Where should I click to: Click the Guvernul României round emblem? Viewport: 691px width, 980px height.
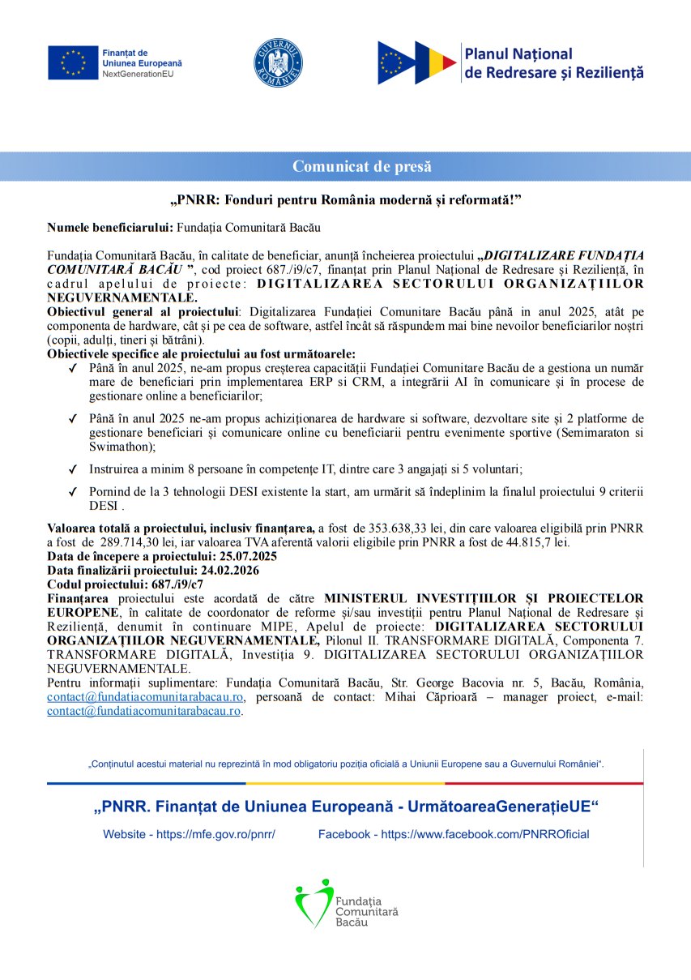pos(278,62)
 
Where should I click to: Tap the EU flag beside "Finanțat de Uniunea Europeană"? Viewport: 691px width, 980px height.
pos(72,62)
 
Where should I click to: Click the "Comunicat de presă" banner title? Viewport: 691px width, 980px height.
pos(361,167)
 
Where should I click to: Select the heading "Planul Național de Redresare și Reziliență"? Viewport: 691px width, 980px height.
pos(553,63)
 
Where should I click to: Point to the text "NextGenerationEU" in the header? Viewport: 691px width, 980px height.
pos(138,74)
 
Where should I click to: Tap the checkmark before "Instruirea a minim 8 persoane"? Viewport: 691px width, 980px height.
pos(73,469)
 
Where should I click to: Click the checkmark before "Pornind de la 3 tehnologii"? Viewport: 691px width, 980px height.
pos(73,492)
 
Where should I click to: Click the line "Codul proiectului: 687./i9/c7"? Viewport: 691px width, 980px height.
pos(125,584)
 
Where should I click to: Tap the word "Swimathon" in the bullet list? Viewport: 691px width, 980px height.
pos(117,447)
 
